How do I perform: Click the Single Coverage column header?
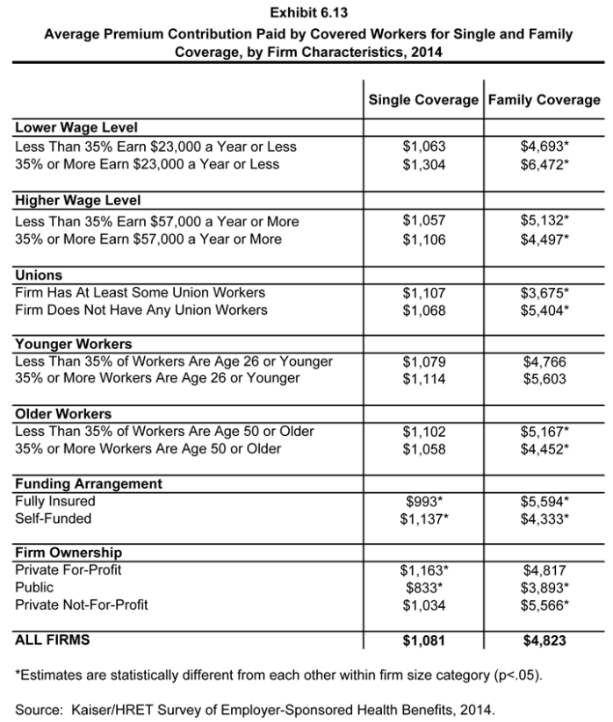tap(423, 100)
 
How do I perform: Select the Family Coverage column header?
tap(544, 100)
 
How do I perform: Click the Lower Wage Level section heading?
tap(76, 128)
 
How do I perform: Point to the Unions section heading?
tap(39, 275)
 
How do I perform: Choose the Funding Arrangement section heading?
tap(89, 483)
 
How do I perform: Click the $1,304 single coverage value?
tap(423, 164)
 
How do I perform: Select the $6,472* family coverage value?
tap(544, 164)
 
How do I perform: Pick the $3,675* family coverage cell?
tap(544, 292)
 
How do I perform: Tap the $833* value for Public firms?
tap(423, 587)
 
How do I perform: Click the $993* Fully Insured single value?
tap(423, 501)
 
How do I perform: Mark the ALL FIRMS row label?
tap(53, 640)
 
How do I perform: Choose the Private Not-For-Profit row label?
tap(82, 604)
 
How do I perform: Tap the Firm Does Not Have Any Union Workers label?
tap(141, 310)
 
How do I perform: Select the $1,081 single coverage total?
tap(423, 641)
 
